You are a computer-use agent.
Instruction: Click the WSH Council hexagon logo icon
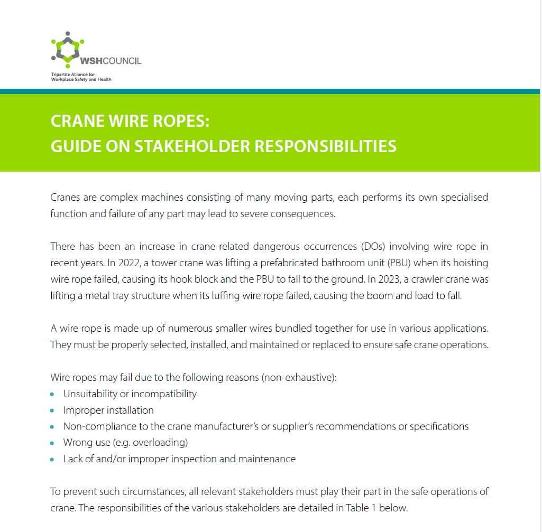click(67, 50)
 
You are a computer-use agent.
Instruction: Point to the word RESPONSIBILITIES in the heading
click(326, 146)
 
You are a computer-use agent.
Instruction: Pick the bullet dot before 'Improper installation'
click(52, 410)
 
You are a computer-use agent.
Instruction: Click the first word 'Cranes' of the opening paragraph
click(66, 198)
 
